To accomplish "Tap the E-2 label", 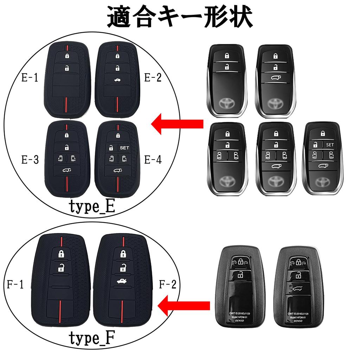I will tap(153, 78).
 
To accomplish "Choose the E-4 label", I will tap(153, 160).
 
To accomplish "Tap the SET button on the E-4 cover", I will tap(124, 148).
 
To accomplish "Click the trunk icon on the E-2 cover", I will tap(117, 81).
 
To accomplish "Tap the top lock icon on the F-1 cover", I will tap(61, 254).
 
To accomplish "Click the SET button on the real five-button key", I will tap(329, 144).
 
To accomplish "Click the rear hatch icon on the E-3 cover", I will tap(66, 171).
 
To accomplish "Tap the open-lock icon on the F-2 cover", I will tap(123, 268).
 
